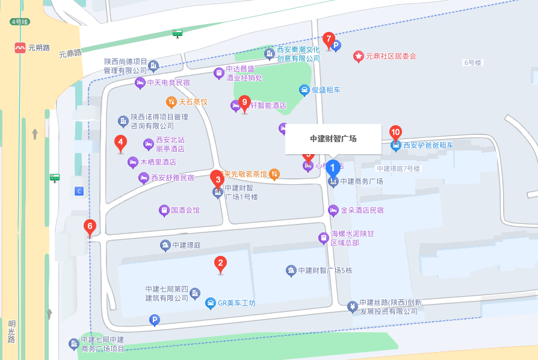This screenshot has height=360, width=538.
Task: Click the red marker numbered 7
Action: (329, 40)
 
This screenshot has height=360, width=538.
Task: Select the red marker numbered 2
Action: (221, 263)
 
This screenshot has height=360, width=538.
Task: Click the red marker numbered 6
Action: (90, 228)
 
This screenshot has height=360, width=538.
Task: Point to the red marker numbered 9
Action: (244, 102)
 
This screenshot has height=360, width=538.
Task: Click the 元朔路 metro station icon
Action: (21, 48)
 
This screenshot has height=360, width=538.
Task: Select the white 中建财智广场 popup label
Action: (333, 138)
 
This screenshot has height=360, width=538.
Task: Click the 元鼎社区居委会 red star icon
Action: (359, 56)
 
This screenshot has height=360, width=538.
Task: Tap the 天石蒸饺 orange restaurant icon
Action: (172, 102)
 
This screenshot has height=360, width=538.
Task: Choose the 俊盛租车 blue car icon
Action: (305, 90)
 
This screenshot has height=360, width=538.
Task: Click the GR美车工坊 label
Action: (237, 303)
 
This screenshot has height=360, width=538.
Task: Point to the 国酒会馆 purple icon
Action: (164, 211)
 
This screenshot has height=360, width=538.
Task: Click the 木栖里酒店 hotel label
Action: (158, 162)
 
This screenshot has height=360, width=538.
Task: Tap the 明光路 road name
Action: (11, 331)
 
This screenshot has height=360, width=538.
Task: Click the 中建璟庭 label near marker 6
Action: (186, 246)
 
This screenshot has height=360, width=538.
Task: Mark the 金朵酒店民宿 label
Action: (362, 211)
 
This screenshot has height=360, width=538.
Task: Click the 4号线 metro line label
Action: (20, 22)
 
